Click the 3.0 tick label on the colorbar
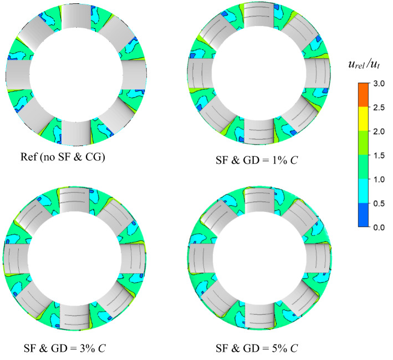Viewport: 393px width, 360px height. (380, 83)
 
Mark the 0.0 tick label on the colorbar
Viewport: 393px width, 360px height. (380, 227)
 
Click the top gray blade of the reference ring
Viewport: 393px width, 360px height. (75, 19)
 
